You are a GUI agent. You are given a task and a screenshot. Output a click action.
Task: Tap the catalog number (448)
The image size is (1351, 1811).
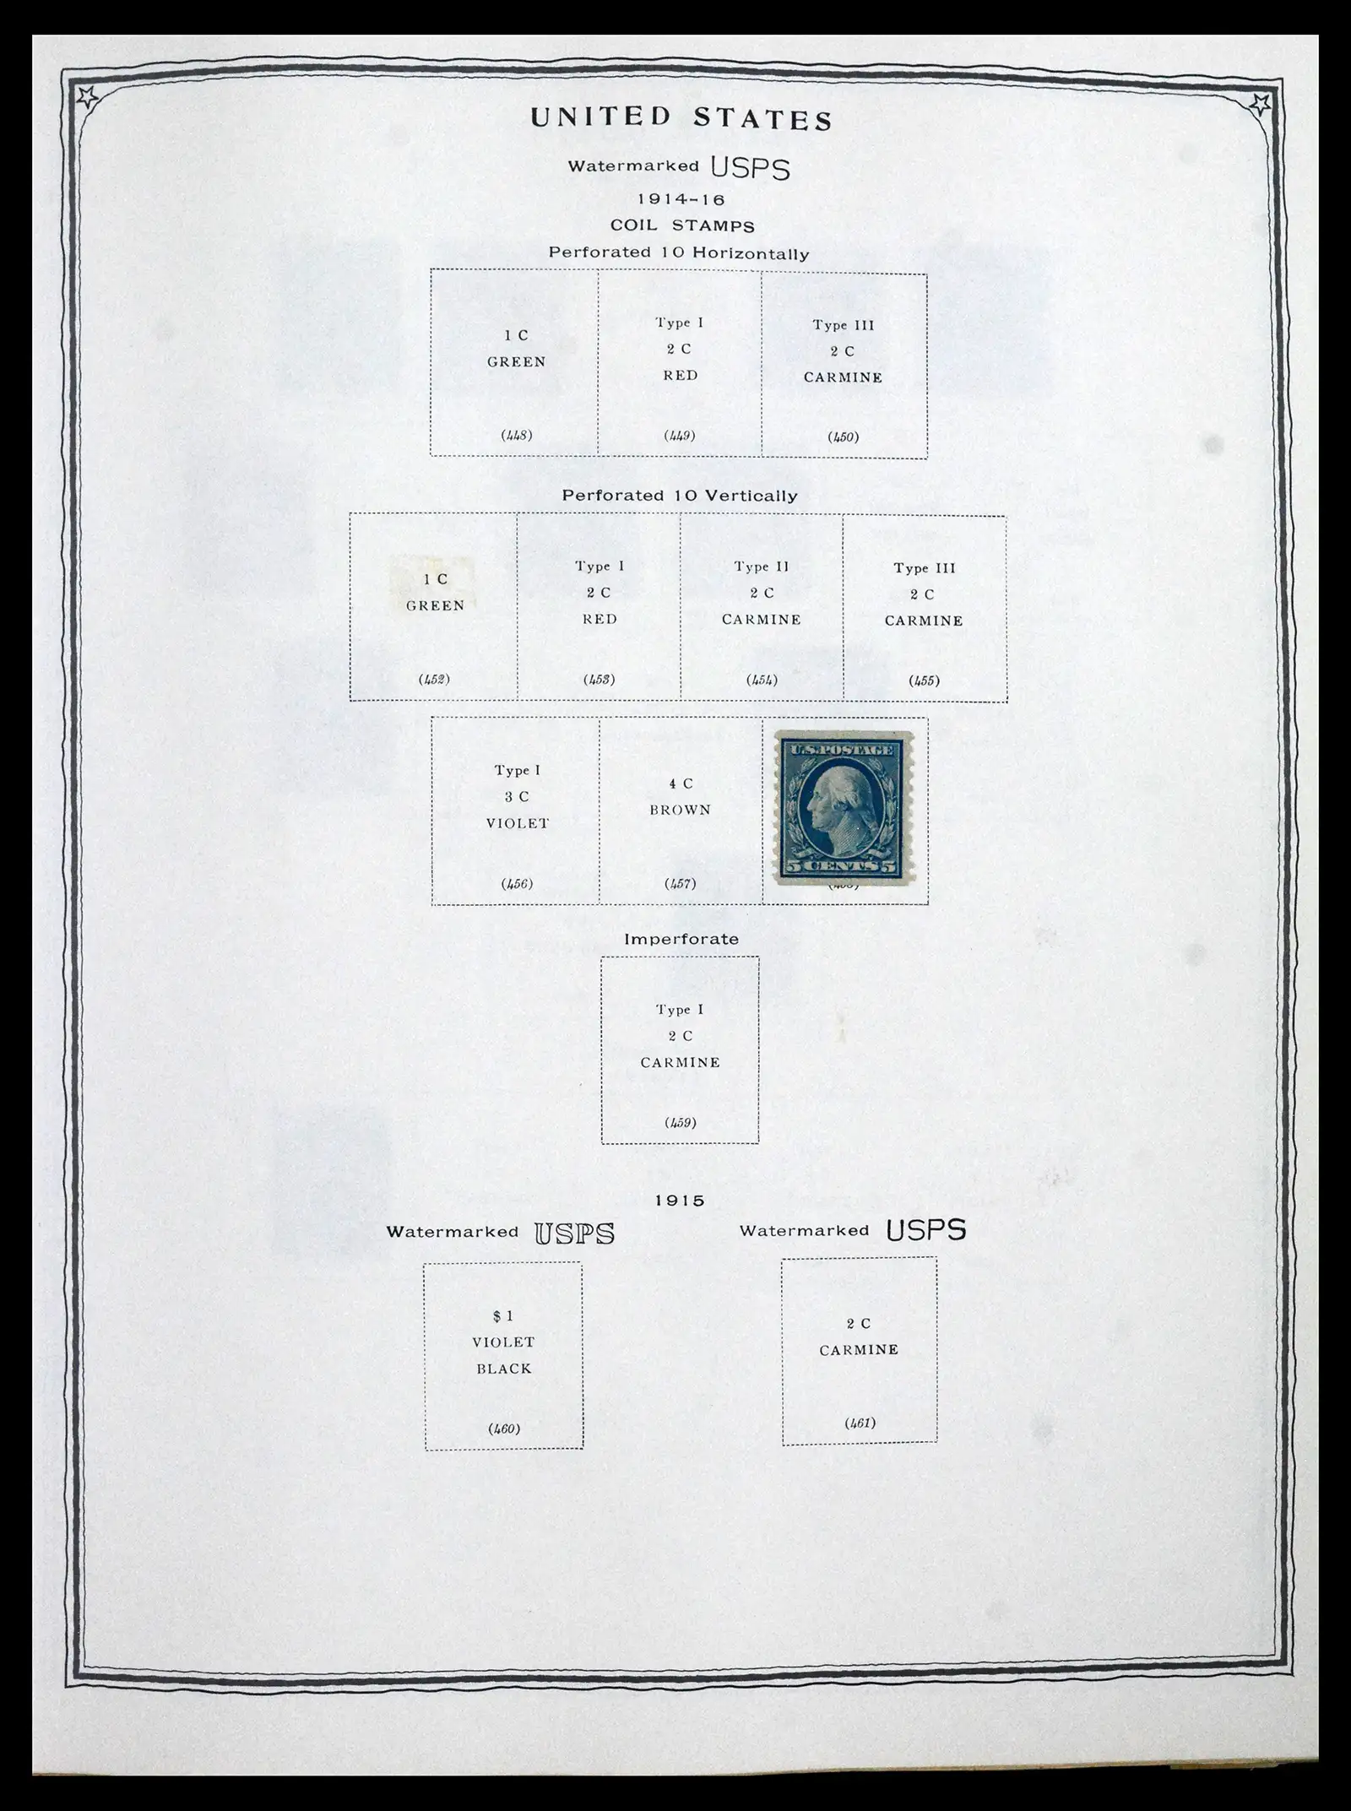(516, 436)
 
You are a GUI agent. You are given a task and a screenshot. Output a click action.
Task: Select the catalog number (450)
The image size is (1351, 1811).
(843, 436)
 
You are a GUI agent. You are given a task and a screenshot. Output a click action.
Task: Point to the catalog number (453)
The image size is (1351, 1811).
(599, 679)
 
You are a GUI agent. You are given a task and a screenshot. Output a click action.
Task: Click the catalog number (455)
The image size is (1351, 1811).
(924, 680)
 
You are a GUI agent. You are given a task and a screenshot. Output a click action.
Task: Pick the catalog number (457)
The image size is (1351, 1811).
(681, 884)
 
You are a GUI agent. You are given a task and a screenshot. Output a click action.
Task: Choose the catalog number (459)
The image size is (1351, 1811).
(680, 1122)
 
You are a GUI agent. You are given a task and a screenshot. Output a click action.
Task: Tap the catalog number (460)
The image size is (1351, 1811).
(503, 1429)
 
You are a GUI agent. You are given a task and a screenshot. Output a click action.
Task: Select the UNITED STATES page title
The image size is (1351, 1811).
(681, 119)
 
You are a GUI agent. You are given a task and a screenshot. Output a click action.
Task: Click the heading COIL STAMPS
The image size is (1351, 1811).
(682, 226)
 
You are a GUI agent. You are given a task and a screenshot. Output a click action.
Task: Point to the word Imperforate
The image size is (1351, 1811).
(681, 939)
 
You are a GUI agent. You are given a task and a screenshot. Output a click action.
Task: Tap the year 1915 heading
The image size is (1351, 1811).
(680, 1201)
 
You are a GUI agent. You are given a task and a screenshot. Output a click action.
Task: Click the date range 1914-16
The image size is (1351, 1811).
(681, 200)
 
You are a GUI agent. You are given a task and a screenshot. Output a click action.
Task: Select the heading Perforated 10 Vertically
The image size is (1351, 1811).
(680, 496)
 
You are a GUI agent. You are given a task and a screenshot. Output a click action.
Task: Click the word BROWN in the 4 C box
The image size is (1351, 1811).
(681, 810)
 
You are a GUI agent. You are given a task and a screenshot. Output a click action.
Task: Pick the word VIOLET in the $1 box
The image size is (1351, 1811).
(503, 1342)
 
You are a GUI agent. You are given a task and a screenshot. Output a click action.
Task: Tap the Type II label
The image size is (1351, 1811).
(761, 567)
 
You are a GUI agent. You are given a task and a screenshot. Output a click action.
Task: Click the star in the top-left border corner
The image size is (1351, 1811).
(86, 99)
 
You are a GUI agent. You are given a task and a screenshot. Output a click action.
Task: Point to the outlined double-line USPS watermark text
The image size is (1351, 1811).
(574, 1234)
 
